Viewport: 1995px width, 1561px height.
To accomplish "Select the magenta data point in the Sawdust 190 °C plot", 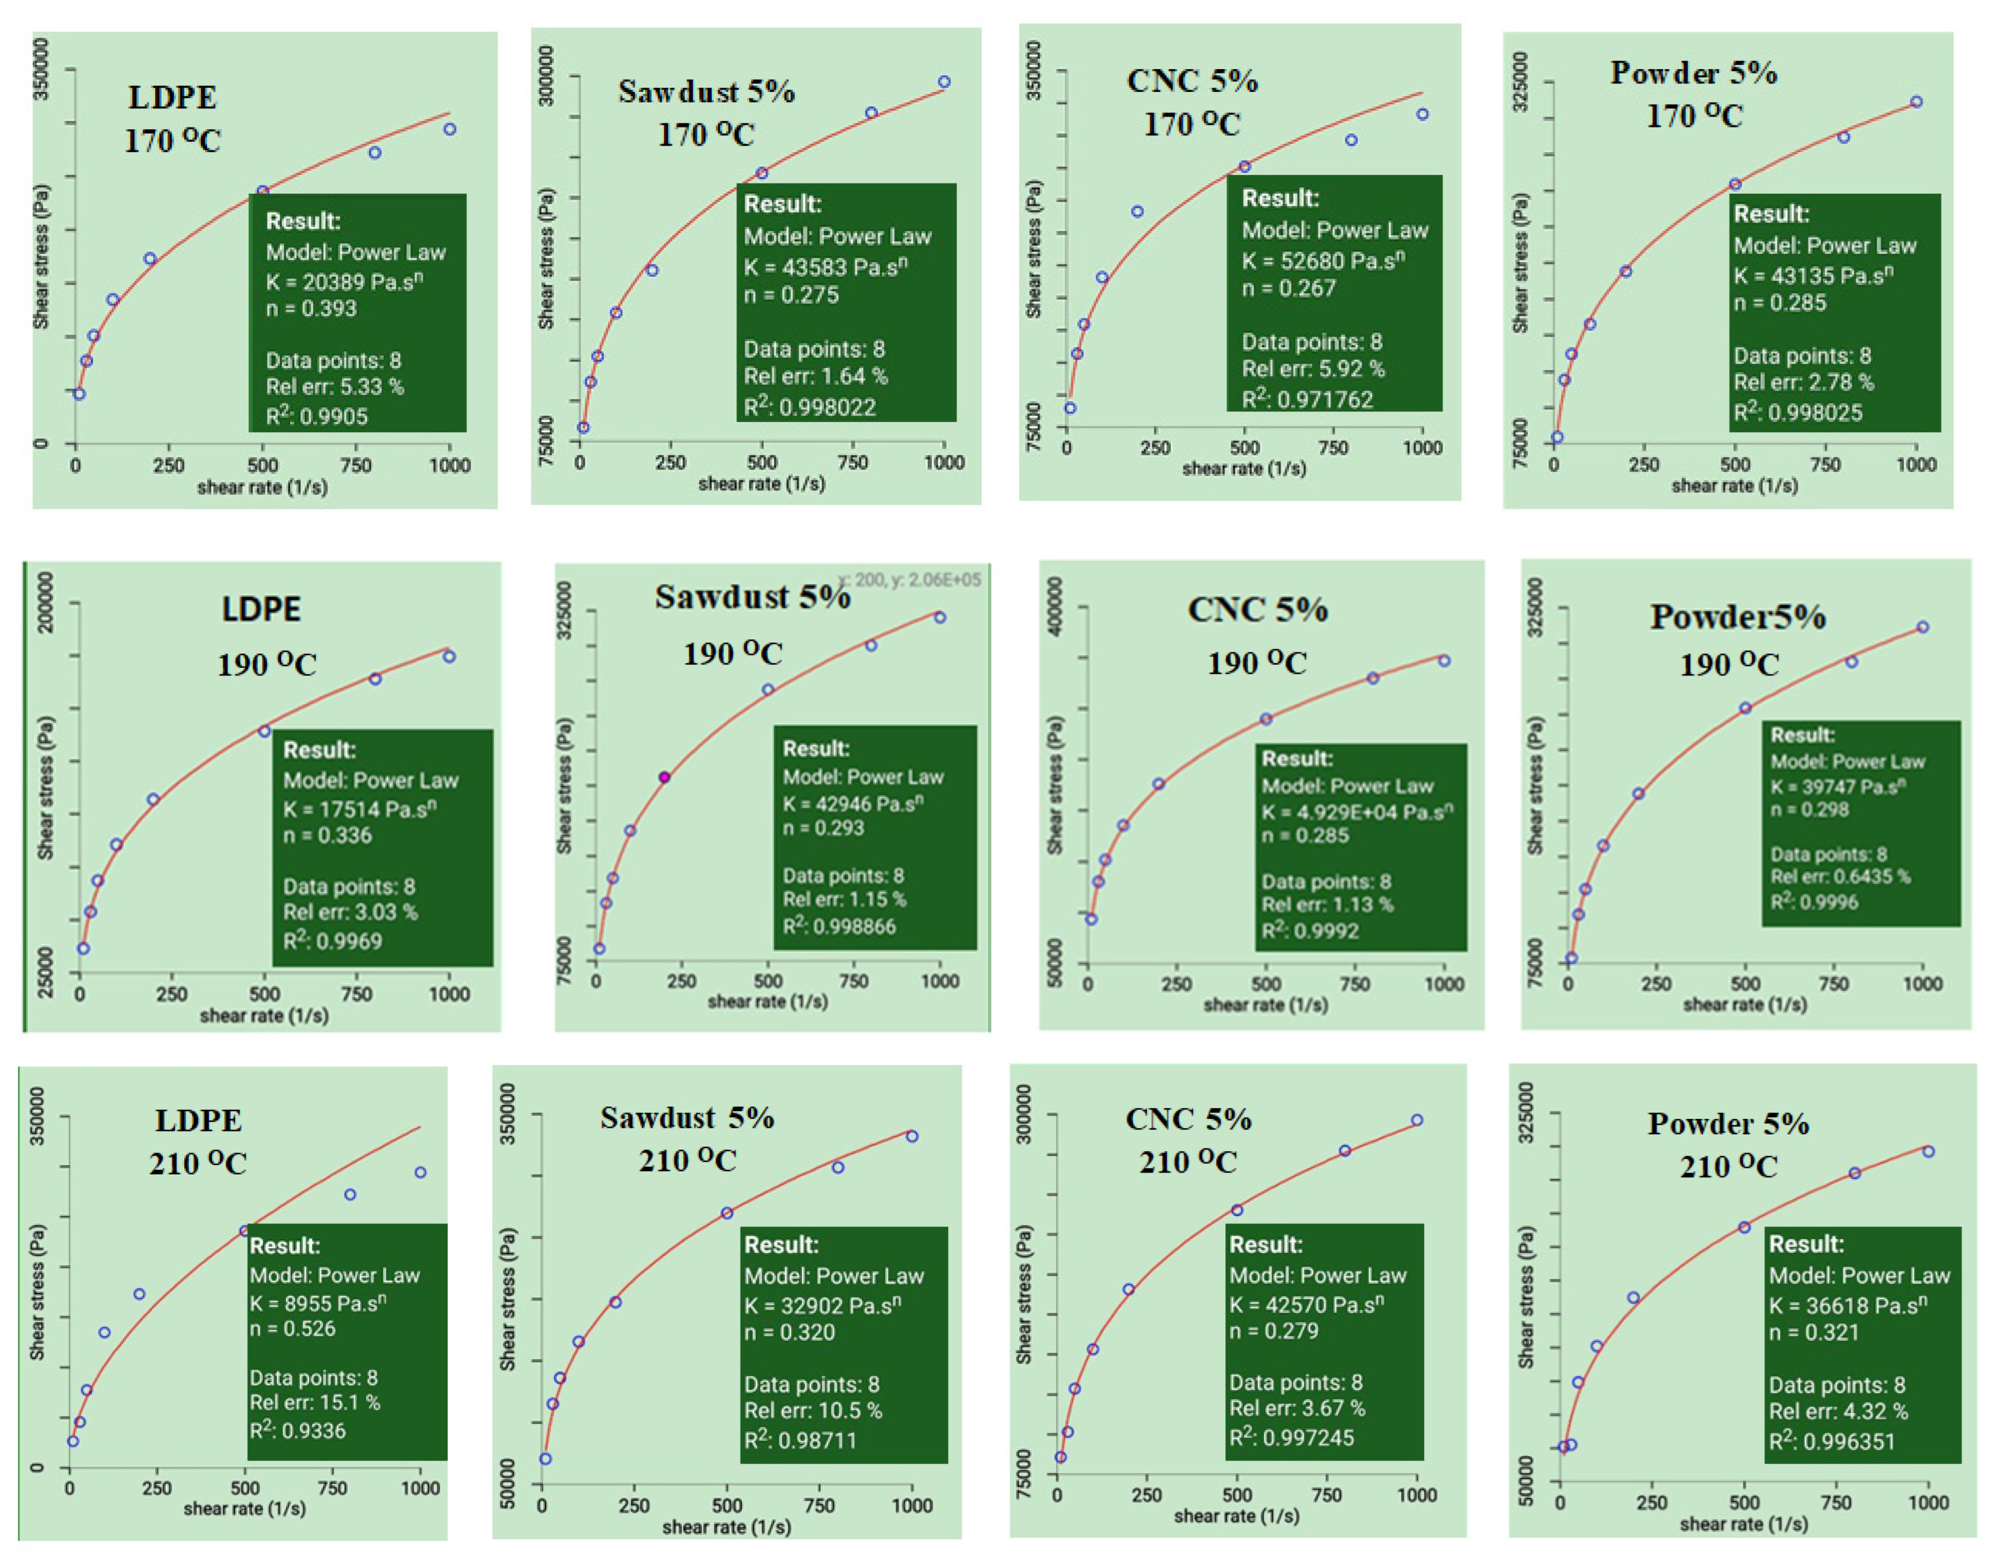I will point(664,777).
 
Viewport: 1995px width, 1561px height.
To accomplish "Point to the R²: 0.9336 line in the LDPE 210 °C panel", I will point(298,1430).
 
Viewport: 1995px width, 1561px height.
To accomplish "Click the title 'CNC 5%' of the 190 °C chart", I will point(1258,610).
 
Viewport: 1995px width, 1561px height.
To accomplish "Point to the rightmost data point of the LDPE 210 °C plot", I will point(420,1172).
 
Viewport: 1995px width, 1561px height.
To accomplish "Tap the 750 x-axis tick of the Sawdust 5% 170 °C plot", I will point(853,463).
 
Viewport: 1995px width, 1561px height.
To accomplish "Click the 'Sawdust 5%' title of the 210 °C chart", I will point(687,1118).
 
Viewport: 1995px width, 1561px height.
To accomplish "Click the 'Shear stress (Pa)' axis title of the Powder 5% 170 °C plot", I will point(1520,262).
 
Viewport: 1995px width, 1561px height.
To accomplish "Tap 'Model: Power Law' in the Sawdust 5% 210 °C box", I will point(833,1276).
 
